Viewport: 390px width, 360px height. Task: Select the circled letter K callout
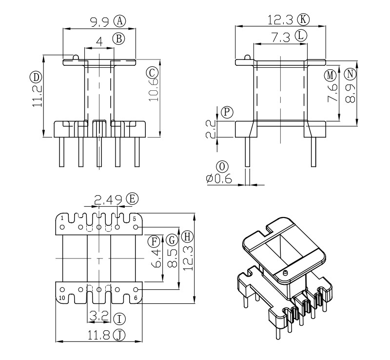[x=304, y=20]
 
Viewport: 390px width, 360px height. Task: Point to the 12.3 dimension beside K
[x=281, y=20]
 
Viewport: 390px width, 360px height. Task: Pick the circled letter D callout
[x=35, y=77]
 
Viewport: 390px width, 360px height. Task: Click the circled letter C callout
[x=152, y=73]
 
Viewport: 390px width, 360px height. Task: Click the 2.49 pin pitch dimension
[x=109, y=200]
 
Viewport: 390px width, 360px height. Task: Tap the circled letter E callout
[x=132, y=199]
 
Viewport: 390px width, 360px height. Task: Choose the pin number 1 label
[x=62, y=218]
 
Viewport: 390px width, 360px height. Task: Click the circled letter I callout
[x=119, y=319]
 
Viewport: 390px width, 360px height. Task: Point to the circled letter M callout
[x=331, y=76]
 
